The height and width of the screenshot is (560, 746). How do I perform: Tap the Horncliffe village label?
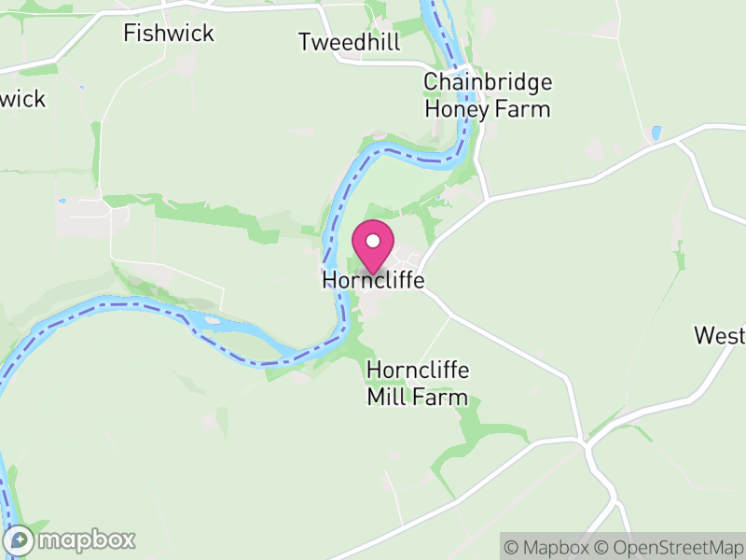[x=373, y=280]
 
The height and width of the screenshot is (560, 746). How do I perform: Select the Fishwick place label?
[x=169, y=34]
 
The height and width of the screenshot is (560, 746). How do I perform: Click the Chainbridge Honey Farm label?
[x=488, y=95]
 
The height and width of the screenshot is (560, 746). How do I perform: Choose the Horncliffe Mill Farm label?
[x=417, y=384]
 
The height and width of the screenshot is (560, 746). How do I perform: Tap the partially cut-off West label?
[x=720, y=336]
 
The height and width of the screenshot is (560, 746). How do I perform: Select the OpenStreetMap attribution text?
[x=668, y=547]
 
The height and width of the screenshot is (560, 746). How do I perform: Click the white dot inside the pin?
[x=373, y=241]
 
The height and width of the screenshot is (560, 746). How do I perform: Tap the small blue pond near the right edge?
[x=656, y=133]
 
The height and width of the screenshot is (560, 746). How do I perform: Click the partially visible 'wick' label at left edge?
[x=21, y=99]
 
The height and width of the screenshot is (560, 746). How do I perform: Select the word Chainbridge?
[x=488, y=82]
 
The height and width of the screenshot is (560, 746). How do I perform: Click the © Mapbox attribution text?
[x=551, y=547]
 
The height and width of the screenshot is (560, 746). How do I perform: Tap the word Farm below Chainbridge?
[x=524, y=109]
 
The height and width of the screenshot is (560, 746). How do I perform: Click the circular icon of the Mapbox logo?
[x=20, y=539]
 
